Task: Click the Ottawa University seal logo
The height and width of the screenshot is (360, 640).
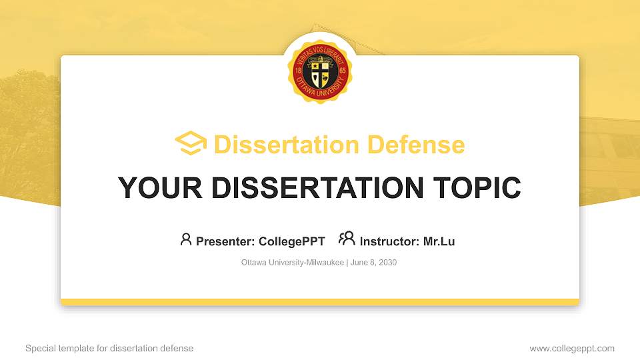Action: click(320, 70)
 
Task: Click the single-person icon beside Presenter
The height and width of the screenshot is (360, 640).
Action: click(186, 239)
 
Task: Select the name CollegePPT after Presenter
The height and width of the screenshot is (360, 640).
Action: click(291, 241)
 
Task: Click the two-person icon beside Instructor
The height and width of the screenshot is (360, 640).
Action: click(347, 239)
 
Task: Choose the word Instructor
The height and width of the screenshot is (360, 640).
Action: click(389, 241)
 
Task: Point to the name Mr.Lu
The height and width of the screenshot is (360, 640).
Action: click(439, 241)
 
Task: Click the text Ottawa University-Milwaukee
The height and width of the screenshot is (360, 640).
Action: click(292, 263)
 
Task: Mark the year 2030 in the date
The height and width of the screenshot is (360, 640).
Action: click(387, 263)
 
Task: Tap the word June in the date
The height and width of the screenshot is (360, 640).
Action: click(358, 263)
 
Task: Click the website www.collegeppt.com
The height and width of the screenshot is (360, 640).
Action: click(572, 349)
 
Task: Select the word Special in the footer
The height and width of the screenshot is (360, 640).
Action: click(40, 349)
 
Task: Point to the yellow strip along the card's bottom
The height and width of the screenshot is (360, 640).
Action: click(320, 302)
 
